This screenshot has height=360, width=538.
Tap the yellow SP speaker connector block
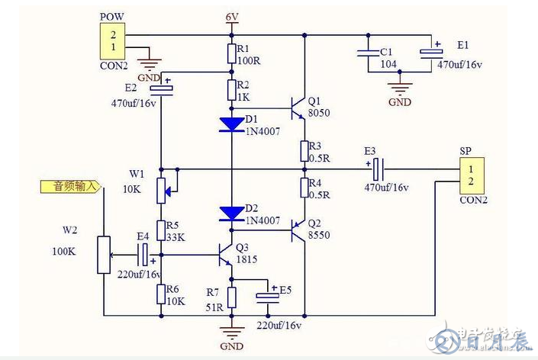(471, 175)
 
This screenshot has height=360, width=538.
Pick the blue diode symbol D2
(231, 213)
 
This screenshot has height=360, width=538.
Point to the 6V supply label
(232, 17)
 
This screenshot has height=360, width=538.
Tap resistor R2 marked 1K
(231, 91)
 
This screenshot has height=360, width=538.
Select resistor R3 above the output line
(304, 150)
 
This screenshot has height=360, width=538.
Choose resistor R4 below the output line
(304, 188)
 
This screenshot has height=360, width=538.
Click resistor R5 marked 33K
(161, 230)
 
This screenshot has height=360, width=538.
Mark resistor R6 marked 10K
(161, 294)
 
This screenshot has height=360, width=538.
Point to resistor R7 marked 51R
(231, 297)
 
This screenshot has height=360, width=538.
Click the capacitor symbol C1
(368, 53)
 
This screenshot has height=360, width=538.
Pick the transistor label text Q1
(314, 101)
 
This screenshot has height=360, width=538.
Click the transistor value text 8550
(318, 236)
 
